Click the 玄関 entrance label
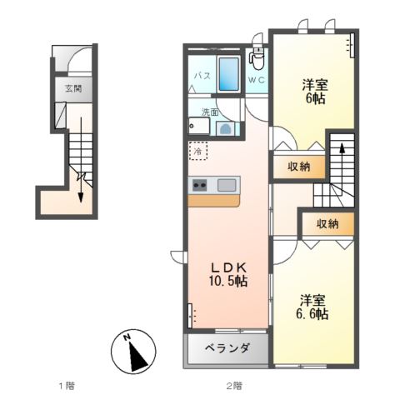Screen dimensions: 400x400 click(73, 88)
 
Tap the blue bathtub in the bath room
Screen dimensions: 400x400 click(229, 74)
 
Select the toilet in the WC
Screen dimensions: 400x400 click(257, 59)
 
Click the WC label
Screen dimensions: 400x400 click(257, 80)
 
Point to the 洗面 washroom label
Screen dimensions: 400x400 click(210, 112)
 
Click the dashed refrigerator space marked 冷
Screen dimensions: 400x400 click(198, 151)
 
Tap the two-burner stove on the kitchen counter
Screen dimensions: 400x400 click(200, 185)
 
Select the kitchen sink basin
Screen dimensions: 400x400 click(227, 185)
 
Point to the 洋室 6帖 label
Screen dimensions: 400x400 click(315, 92)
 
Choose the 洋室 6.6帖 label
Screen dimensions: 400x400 click(312, 307)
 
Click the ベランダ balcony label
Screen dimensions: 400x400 click(227, 347)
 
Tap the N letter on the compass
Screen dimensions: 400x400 click(127, 337)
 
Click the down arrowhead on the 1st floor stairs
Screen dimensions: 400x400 click(81, 197)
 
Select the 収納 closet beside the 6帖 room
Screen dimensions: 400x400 click(299, 167)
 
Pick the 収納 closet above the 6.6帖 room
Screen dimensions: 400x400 click(328, 223)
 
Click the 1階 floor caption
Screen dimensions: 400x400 click(67, 386)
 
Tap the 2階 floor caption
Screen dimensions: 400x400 click(234, 386)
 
